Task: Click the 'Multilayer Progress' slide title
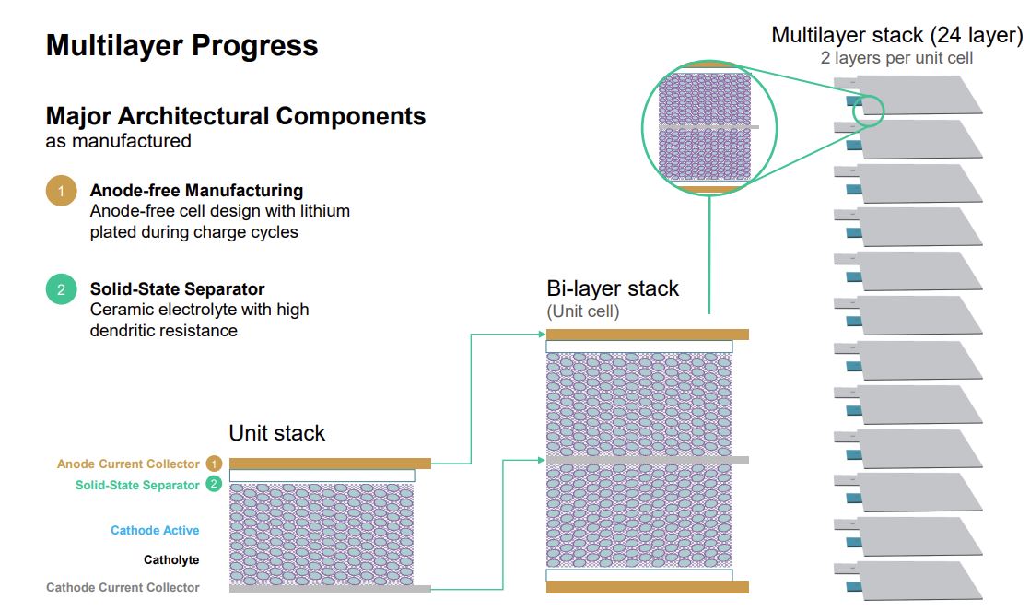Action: click(181, 45)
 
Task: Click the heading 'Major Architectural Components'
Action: click(236, 116)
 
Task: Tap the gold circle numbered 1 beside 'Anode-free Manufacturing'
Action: click(61, 192)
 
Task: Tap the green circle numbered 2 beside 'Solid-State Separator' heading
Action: click(61, 289)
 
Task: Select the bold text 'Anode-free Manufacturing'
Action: click(196, 191)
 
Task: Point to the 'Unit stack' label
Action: click(276, 432)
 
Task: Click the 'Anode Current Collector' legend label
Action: click(128, 464)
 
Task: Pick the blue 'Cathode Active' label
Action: click(155, 530)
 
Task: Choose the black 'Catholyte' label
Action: click(171, 559)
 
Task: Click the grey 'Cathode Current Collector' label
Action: click(123, 587)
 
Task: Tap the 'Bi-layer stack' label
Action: click(613, 288)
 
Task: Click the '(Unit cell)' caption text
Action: click(583, 311)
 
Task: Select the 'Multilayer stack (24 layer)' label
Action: click(896, 35)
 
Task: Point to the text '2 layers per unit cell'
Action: click(896, 58)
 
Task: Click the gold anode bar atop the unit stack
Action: click(330, 464)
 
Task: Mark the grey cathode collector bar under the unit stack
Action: click(330, 588)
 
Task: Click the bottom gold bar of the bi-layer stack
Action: click(647, 587)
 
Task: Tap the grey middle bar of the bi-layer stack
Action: click(647, 459)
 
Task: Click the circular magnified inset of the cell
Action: click(708, 126)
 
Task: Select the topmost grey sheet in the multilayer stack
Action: click(918, 95)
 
